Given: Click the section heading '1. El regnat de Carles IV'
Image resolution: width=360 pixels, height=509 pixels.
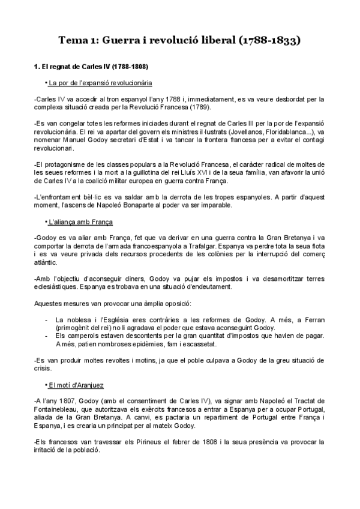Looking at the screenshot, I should tap(91, 66).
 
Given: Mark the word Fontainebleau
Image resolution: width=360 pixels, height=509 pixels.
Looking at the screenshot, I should tap(62, 409).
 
